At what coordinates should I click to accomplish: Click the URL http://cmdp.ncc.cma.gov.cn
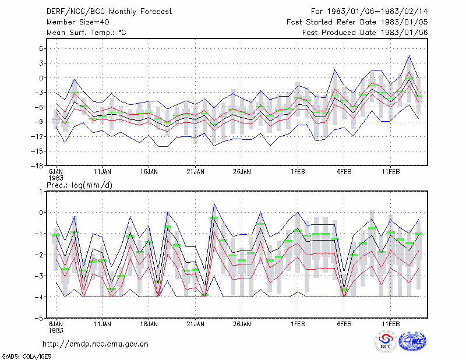coord(96,344)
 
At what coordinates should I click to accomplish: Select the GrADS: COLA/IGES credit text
coord(26,356)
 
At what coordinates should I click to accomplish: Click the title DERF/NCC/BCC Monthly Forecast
coord(109,12)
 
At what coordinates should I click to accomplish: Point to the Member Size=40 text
coord(78,22)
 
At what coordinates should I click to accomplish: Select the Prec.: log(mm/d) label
coord(79,185)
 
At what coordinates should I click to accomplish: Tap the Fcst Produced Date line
coord(365,33)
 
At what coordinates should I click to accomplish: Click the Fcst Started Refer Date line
coord(357,22)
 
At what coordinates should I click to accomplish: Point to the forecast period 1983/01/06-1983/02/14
coord(377,12)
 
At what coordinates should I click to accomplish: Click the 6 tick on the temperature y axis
coord(41,48)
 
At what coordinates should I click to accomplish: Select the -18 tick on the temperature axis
coord(37,166)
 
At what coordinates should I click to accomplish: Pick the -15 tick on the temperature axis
coord(37,151)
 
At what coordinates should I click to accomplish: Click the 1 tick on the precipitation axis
coord(41,192)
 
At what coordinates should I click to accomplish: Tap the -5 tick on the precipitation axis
coord(39,318)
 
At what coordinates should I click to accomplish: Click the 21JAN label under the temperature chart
coord(195,172)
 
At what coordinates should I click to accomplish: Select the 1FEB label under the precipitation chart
coord(298,324)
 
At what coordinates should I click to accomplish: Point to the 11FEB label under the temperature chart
coord(390,172)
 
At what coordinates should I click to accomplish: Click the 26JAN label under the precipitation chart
coord(242,324)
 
